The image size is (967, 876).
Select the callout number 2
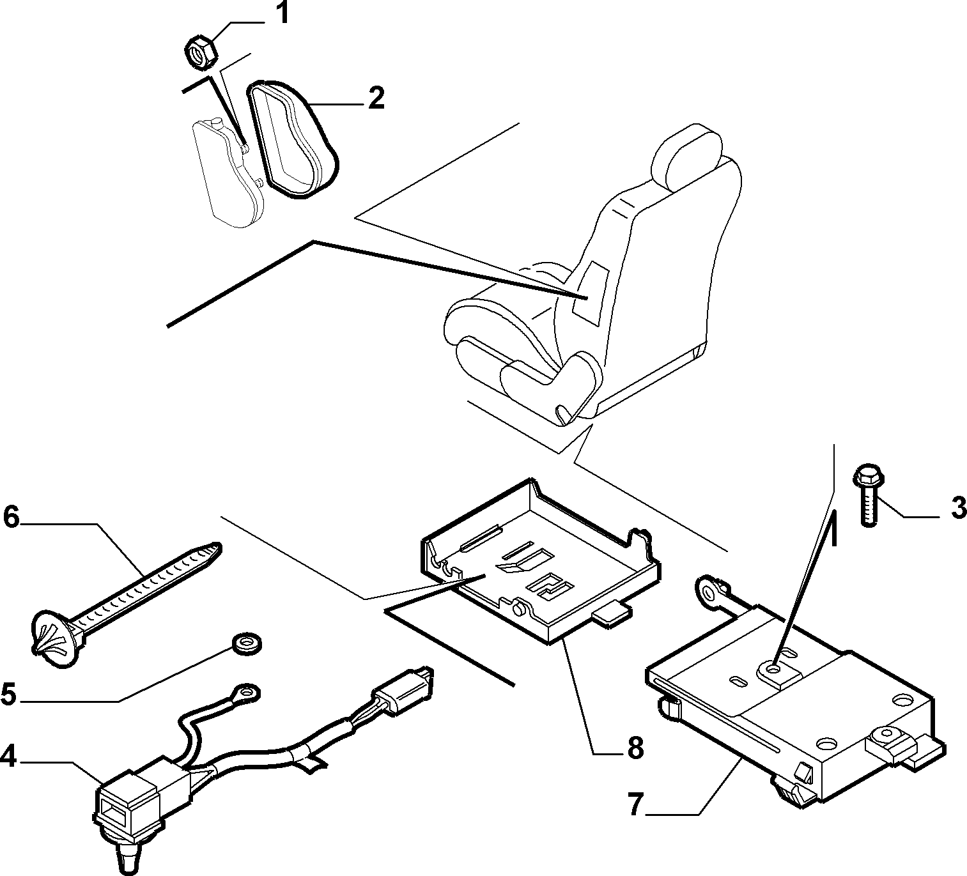point(376,98)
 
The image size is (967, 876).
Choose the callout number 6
point(12,517)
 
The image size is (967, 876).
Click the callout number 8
point(635,748)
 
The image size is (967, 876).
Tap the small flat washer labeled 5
point(247,643)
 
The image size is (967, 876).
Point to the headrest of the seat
point(687,154)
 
